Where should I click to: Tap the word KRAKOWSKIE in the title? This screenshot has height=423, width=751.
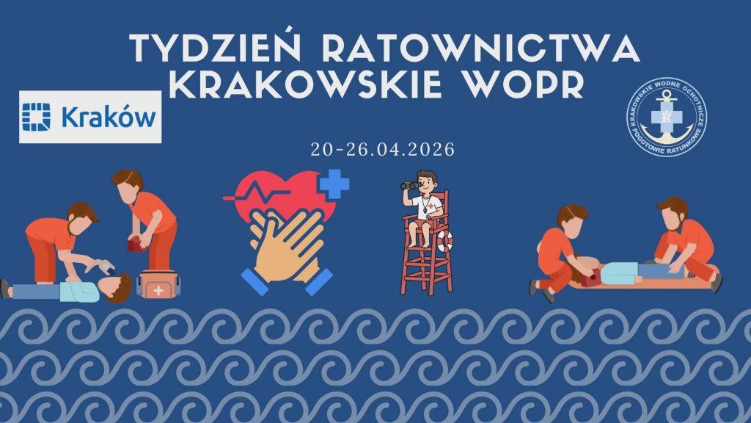click(x=306, y=84)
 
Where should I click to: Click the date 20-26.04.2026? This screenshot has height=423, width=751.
click(x=382, y=149)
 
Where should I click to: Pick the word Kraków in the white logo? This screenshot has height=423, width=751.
click(x=109, y=117)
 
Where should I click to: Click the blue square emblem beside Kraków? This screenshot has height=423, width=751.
click(x=37, y=117)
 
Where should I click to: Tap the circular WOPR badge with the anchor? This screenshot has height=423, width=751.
click(x=667, y=117)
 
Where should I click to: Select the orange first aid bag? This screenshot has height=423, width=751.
click(x=158, y=285)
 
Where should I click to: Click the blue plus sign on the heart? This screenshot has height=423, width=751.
click(x=334, y=184)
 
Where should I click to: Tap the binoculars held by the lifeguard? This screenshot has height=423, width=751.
click(x=411, y=185)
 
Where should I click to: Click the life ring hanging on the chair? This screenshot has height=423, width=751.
click(x=445, y=242)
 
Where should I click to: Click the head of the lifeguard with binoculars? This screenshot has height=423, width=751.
click(x=426, y=181)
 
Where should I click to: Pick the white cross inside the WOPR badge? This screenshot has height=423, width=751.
click(x=666, y=117)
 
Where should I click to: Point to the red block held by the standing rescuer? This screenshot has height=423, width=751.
click(x=136, y=245)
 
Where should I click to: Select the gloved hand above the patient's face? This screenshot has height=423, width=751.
click(x=103, y=266)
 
